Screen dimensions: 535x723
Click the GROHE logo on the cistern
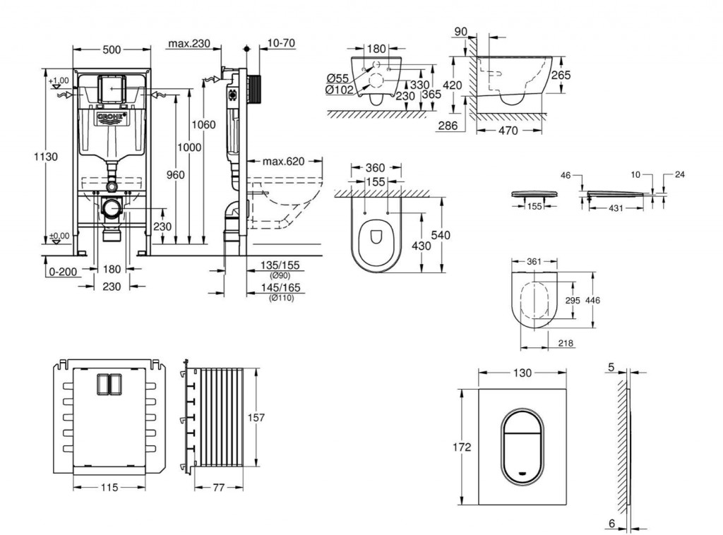pos(112,116)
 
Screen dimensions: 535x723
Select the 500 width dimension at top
pos(112,49)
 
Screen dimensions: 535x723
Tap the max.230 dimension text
pos(189,44)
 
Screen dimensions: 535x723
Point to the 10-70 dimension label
pos(281,44)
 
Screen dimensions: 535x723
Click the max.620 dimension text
pos(283,162)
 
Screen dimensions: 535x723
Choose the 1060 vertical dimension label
pos(203,125)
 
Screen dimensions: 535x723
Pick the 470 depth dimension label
pos(508,131)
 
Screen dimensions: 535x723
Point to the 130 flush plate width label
pos(522,373)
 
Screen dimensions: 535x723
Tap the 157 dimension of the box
pos(256,418)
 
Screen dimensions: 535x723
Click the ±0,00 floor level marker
pos(60,236)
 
